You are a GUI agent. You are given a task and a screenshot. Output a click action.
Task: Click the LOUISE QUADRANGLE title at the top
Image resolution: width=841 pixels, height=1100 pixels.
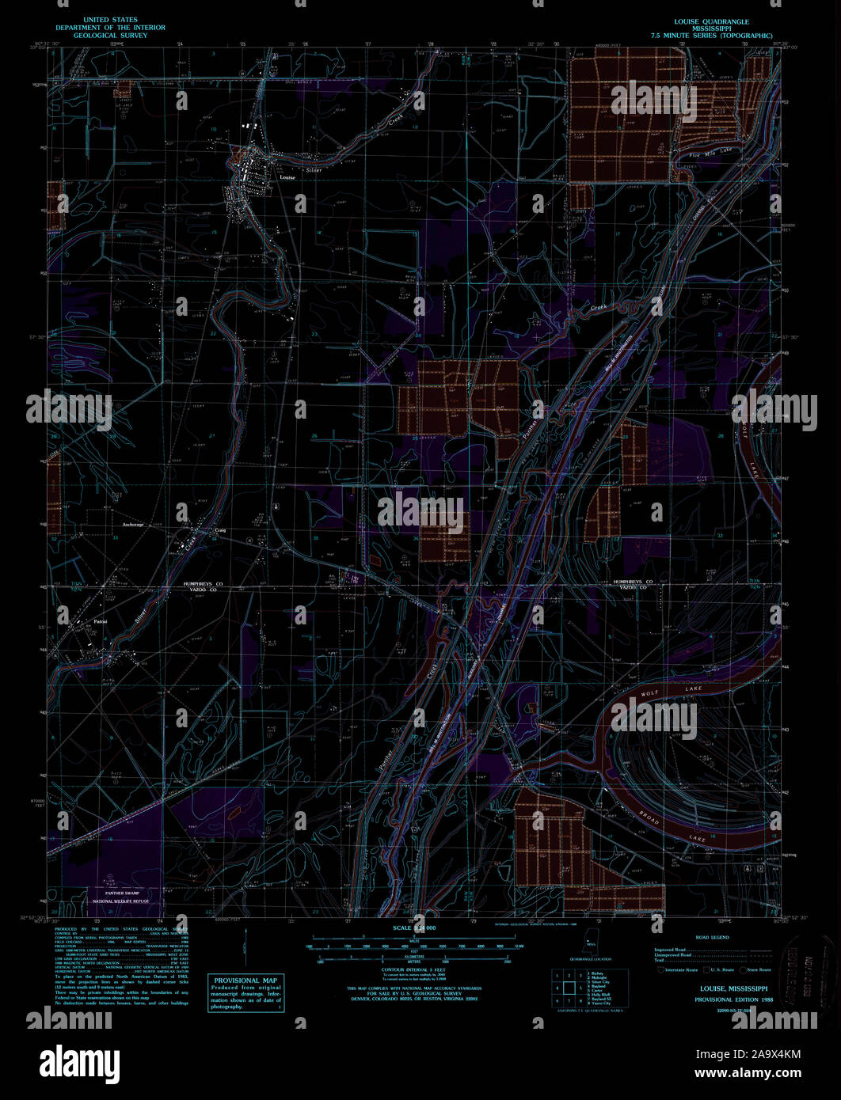710,21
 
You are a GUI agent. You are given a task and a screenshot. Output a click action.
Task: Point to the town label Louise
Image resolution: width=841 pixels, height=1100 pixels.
287,177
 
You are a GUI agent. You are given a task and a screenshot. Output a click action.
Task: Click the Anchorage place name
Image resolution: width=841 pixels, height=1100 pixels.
133,524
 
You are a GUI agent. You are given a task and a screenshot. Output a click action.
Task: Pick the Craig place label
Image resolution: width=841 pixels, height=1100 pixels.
220,530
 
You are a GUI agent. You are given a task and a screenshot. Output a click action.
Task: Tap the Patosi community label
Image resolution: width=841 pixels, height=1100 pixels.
101,620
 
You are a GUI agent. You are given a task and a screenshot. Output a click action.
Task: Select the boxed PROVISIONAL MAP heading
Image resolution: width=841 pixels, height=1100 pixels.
245,981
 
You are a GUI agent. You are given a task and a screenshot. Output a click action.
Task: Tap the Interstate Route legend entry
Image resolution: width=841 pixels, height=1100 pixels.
680,969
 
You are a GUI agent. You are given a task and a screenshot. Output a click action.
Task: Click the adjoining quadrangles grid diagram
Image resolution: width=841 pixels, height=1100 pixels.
569,988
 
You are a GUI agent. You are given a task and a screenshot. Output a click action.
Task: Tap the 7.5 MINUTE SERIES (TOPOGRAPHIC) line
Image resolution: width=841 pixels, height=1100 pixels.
710,36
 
